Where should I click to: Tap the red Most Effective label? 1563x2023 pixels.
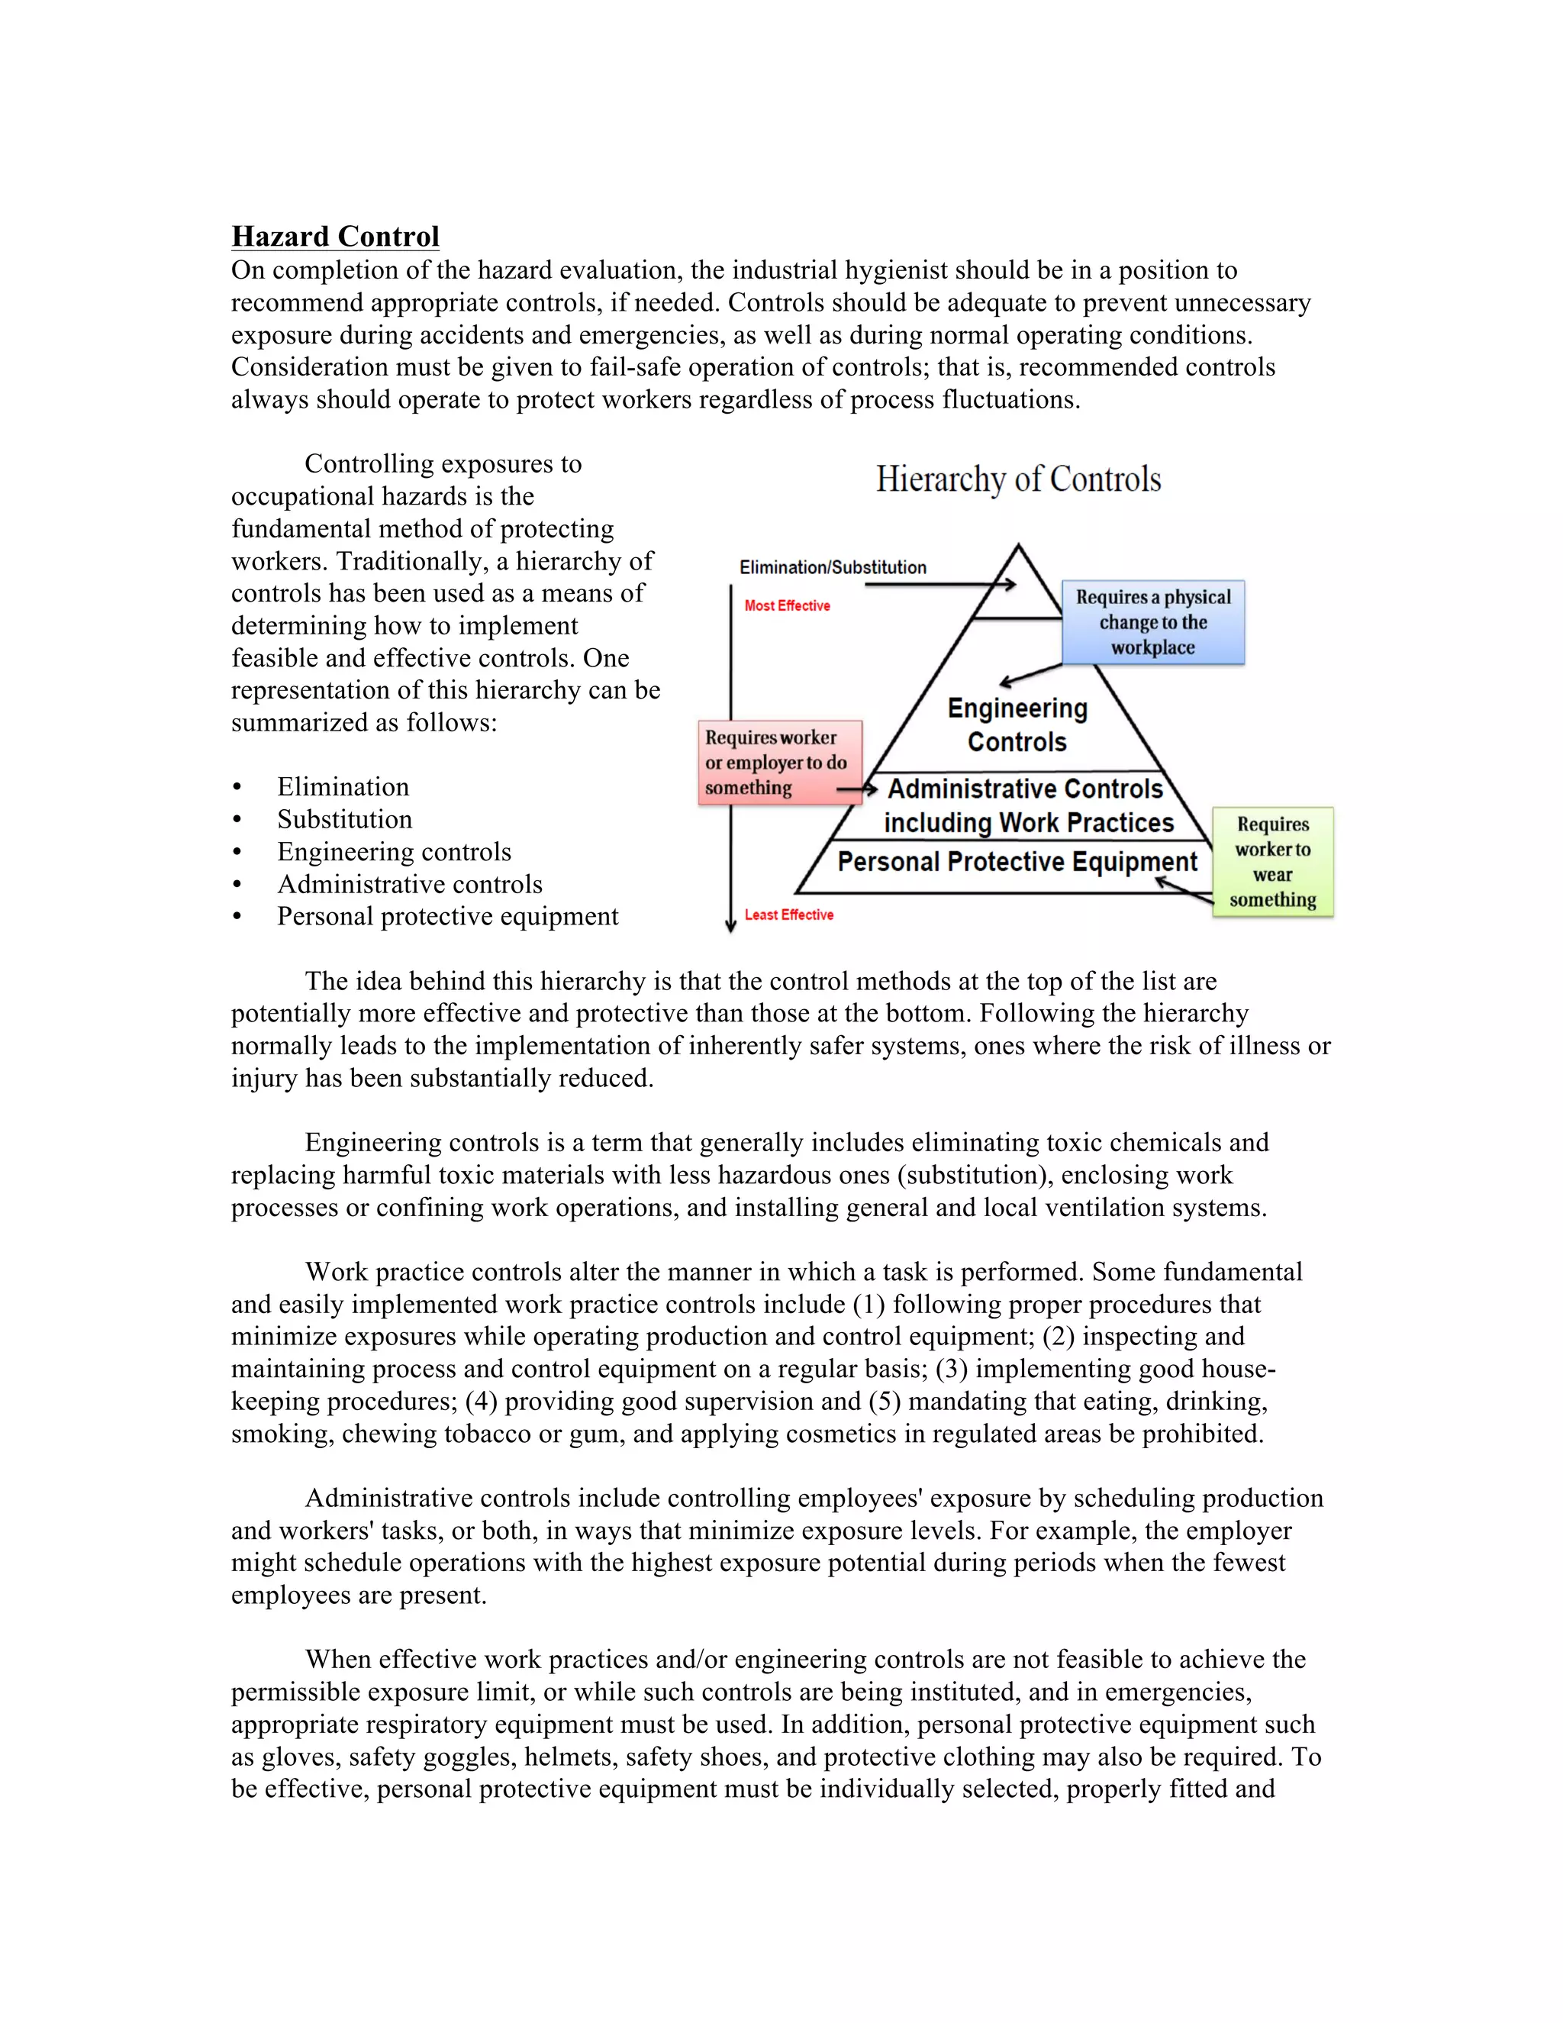787,606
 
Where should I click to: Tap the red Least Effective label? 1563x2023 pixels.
789,915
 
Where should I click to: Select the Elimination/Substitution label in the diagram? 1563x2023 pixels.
833,567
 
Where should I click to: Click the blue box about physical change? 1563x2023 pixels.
1153,622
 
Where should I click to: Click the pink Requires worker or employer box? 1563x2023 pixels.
780,763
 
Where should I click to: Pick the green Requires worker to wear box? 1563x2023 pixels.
1272,863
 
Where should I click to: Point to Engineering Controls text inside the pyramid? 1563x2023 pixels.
1017,725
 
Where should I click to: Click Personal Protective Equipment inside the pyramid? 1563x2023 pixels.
1017,863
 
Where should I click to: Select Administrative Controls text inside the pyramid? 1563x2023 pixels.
1025,789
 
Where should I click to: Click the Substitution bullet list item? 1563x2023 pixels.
344,820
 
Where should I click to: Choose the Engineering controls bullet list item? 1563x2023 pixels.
394,852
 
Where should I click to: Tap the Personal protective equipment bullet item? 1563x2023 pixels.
447,917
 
